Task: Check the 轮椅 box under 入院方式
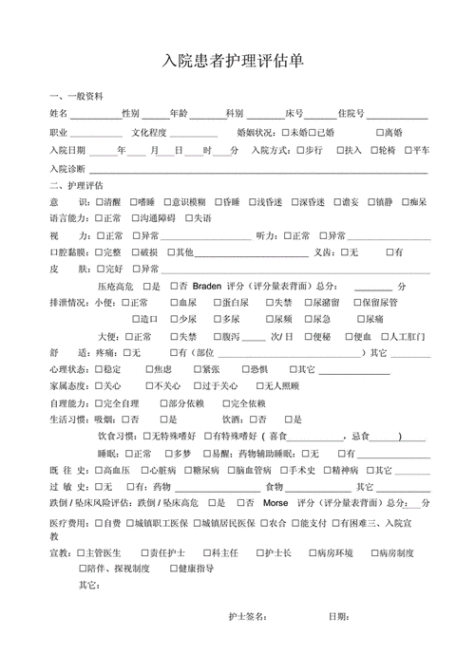click(371, 150)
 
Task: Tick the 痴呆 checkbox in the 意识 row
click(406, 203)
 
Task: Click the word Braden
click(206, 286)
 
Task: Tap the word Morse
click(276, 502)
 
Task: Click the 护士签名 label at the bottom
click(248, 617)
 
